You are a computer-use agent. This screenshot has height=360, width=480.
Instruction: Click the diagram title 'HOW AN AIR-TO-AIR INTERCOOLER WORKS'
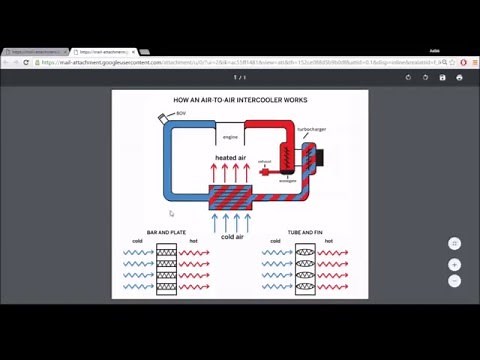[x=240, y=100]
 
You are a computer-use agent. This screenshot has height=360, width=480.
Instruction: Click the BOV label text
[x=181, y=114]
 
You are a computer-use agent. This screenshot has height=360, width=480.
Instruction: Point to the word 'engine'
[x=230, y=136]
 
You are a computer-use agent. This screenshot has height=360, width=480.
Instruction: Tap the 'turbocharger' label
[x=310, y=128]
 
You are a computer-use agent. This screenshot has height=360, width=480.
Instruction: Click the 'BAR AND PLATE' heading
[x=166, y=232]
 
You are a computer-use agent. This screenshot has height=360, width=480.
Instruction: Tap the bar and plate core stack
[x=166, y=269]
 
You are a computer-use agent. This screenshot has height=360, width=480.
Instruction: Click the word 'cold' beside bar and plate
[x=137, y=241]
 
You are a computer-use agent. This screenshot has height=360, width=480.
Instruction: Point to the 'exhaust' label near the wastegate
[x=265, y=161]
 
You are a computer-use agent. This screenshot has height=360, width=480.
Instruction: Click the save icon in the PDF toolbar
[x=442, y=77]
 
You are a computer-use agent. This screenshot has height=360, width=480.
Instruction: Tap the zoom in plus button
[x=454, y=265]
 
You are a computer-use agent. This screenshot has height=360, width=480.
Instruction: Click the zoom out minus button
[x=454, y=281]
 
